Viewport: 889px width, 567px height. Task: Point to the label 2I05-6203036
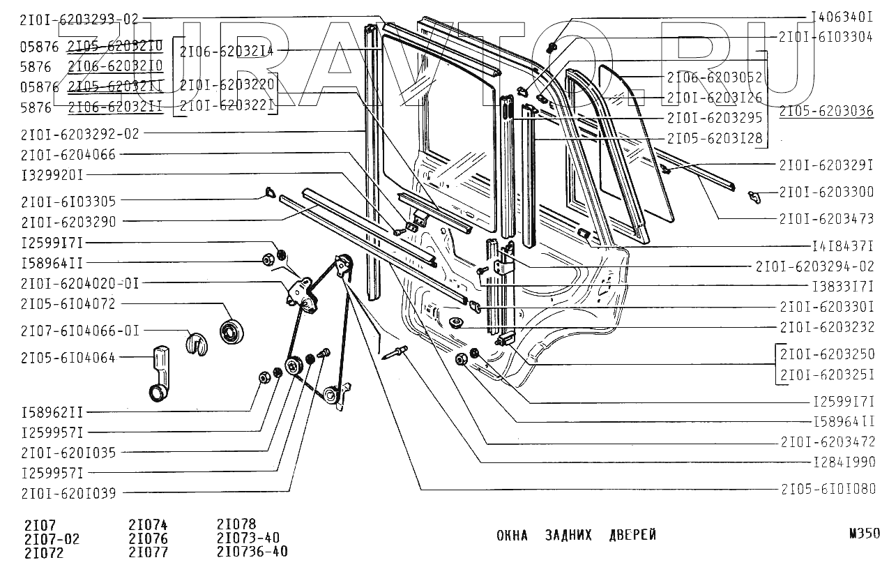click(x=826, y=111)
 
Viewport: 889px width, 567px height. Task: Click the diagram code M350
click(x=864, y=534)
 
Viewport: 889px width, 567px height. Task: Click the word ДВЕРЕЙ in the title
click(x=632, y=535)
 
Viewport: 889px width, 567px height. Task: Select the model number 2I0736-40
click(x=252, y=552)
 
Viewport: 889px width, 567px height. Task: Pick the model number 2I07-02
click(x=52, y=538)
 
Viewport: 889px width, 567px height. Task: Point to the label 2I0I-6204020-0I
click(x=79, y=284)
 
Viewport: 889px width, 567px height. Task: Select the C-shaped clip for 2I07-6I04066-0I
click(x=197, y=343)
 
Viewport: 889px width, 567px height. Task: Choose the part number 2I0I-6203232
click(x=826, y=327)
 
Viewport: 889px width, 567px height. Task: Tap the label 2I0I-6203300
click(x=826, y=192)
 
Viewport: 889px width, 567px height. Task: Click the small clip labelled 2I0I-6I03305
click(x=268, y=192)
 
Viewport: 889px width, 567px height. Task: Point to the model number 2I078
click(x=236, y=524)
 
